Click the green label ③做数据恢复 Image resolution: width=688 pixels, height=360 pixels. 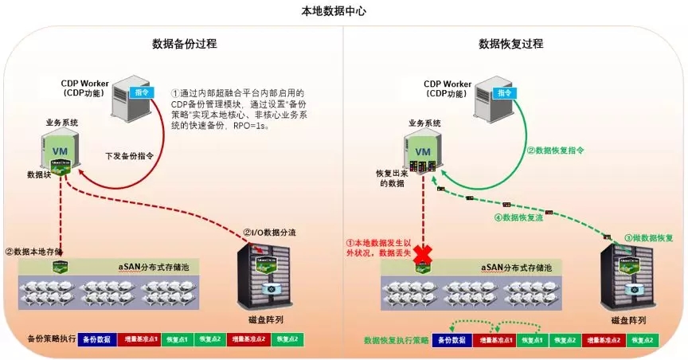pyautogui.click(x=648, y=237)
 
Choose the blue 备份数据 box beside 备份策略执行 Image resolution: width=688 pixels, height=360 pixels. pyautogui.click(x=100, y=339)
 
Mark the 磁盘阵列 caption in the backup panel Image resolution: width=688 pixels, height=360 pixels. pyautogui.click(x=263, y=319)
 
